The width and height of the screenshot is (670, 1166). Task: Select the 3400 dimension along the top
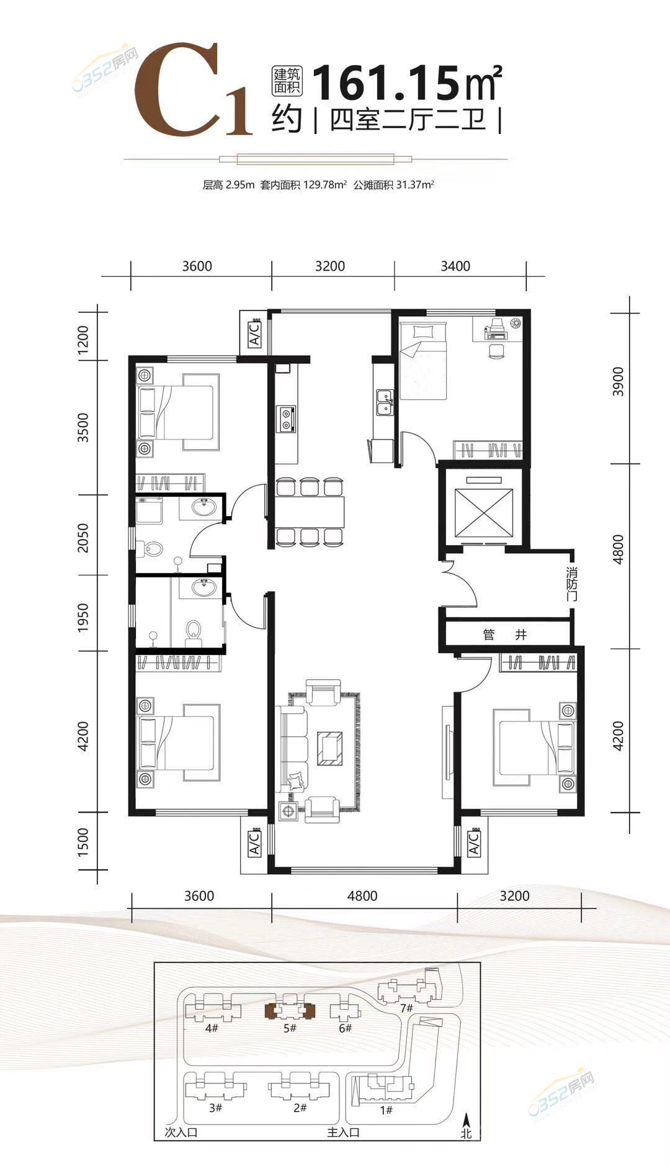(x=455, y=266)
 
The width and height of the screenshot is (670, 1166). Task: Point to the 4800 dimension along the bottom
(x=362, y=896)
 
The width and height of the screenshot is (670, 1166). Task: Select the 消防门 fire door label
(x=572, y=583)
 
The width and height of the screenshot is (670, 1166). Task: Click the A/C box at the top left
(x=254, y=334)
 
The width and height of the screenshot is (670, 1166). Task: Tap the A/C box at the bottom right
(x=474, y=843)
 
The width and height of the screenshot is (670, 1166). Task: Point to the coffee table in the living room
(x=329, y=748)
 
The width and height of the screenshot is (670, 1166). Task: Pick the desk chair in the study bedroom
(x=496, y=350)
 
